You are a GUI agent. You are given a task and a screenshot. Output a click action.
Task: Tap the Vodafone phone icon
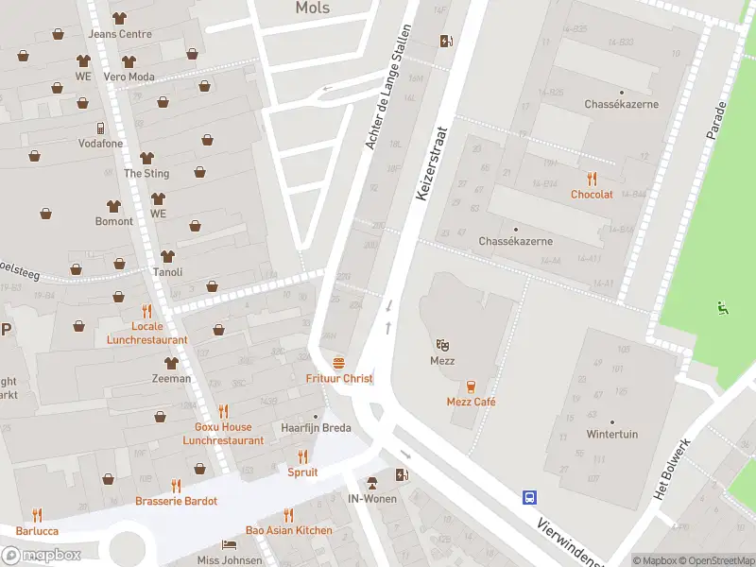tap(99, 129)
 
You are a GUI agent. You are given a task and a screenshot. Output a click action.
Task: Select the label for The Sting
tap(146, 173)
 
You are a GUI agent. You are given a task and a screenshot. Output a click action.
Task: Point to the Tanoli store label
tap(167, 272)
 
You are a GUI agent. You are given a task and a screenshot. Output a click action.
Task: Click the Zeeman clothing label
tap(171, 378)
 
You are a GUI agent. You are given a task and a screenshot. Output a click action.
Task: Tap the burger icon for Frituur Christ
tap(339, 363)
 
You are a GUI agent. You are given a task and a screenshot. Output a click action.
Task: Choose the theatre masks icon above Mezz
tap(442, 345)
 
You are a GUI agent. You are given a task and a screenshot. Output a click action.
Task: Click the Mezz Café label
tap(471, 402)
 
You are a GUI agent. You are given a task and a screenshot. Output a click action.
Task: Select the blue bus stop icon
tap(530, 497)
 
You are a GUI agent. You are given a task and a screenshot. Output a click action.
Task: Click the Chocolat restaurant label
tap(592, 194)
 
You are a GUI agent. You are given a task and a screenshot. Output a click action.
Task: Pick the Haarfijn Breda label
tap(316, 427)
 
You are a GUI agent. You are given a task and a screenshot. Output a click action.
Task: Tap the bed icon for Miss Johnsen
tap(229, 544)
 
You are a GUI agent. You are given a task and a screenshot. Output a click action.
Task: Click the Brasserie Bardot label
tap(176, 501)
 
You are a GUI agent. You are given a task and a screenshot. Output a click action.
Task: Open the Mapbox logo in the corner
tap(42, 555)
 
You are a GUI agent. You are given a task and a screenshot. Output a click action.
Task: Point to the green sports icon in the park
tap(723, 306)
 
